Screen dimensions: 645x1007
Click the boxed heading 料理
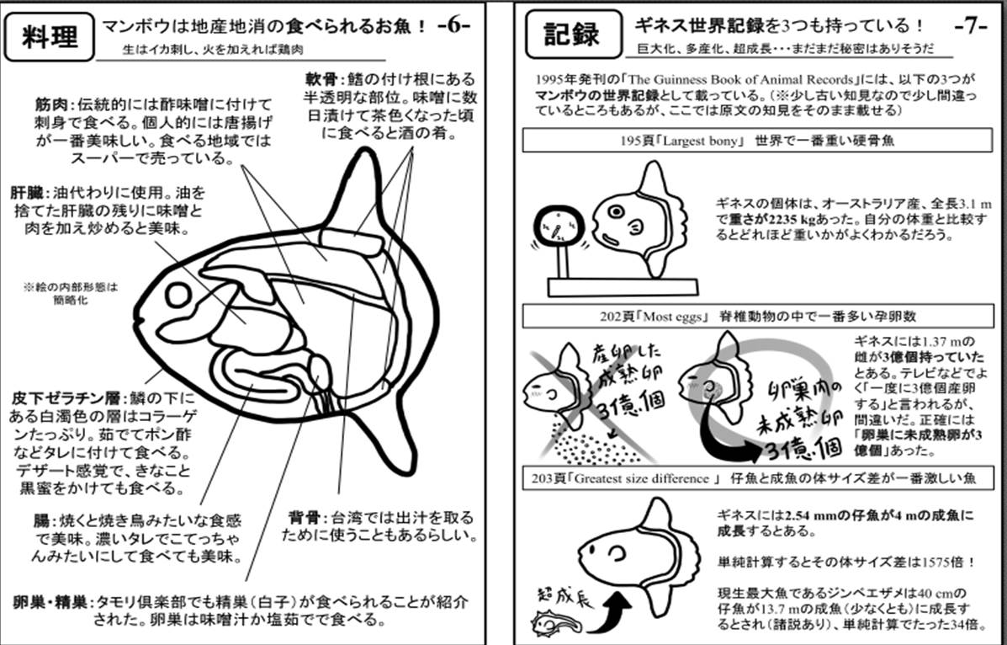click(x=48, y=36)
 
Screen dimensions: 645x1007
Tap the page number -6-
click(x=453, y=25)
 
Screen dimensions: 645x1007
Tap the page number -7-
click(x=972, y=25)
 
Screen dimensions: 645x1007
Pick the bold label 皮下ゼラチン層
click(x=67, y=397)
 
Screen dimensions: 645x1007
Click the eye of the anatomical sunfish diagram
click(x=178, y=296)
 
